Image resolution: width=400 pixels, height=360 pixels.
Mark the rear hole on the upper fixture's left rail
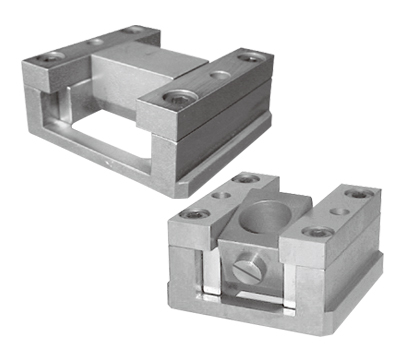click(133, 30)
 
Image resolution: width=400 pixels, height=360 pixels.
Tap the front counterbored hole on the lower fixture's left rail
click(194, 213)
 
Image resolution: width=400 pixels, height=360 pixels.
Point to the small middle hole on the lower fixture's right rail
click(341, 210)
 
